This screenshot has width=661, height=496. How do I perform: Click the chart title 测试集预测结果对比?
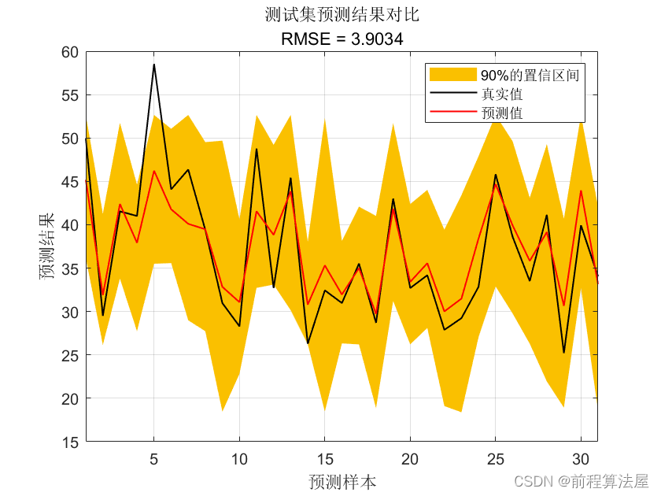pos(342,16)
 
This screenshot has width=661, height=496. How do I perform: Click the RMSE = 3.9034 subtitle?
pos(342,39)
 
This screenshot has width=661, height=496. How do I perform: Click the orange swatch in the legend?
pos(452,75)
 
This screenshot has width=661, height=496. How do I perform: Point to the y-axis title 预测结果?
pos(50,247)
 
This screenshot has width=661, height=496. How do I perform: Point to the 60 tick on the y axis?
pos(69,52)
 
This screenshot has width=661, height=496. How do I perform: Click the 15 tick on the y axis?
pos(69,442)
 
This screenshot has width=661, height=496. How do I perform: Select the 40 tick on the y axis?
pos(69,225)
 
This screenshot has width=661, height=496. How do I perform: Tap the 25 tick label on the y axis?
pos(69,356)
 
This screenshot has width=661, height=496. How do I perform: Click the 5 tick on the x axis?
pos(154,458)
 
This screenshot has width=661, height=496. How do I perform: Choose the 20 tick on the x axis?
pos(410,458)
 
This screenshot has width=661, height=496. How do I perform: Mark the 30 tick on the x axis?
pos(581,458)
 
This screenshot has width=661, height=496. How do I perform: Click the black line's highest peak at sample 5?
pos(154,65)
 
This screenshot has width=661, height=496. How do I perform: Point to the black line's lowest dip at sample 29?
pos(563,353)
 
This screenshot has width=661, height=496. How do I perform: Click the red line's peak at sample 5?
pos(154,171)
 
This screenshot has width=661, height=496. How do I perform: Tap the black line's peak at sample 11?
pos(257,149)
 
